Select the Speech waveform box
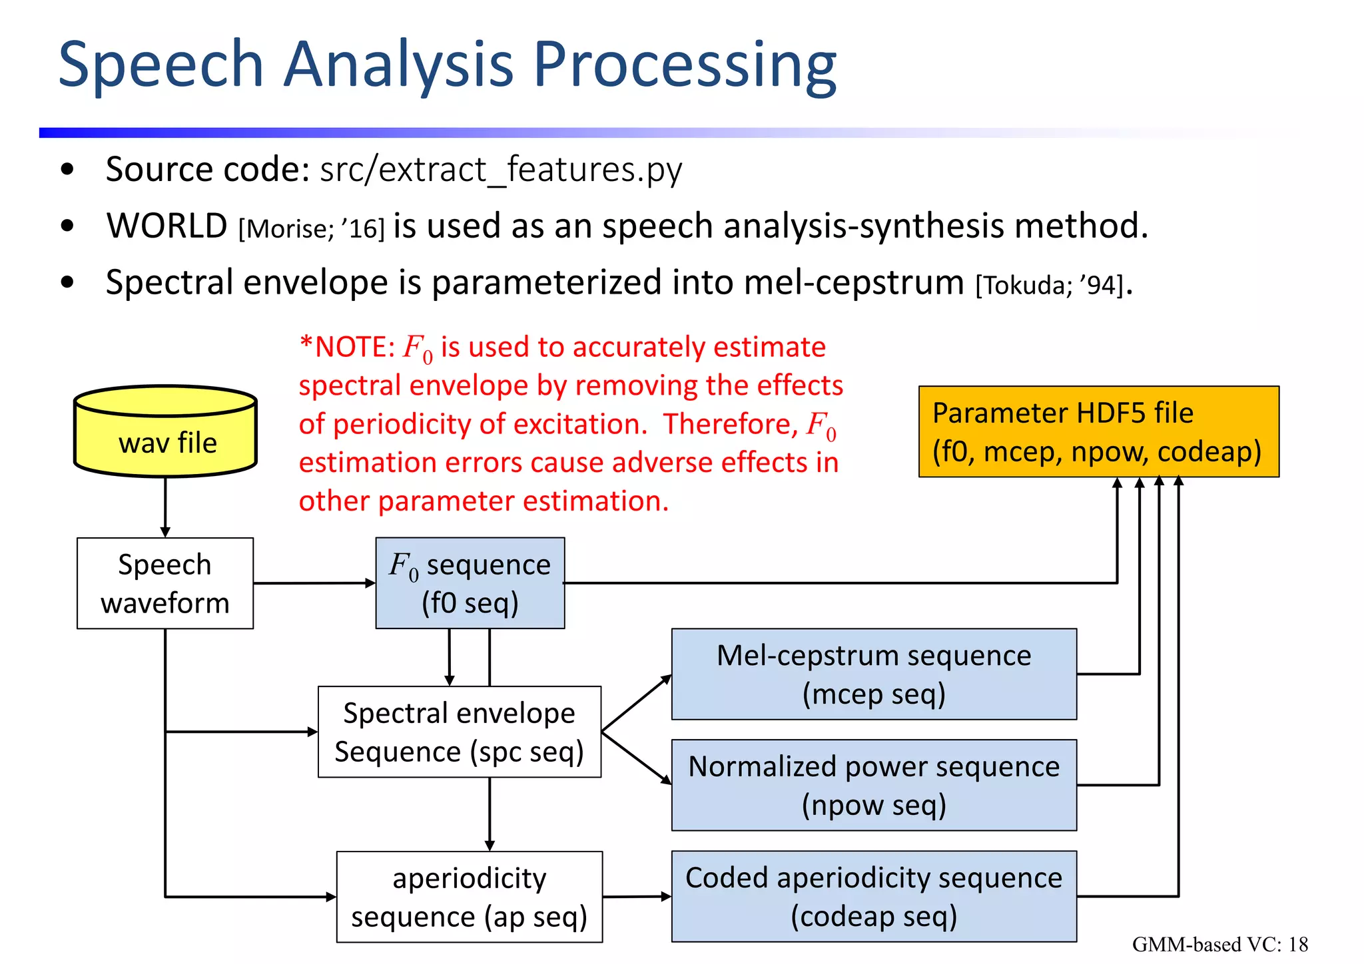point(165,583)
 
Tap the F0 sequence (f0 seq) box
point(470,583)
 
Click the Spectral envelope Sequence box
point(460,732)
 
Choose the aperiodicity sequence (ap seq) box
point(470,897)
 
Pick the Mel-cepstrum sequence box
point(874,674)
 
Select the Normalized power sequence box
point(874,785)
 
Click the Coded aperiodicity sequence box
point(874,896)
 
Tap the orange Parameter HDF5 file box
point(1098,431)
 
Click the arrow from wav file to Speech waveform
point(165,506)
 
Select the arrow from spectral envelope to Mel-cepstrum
point(636,703)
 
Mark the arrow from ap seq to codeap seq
point(637,897)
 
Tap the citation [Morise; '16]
point(312,229)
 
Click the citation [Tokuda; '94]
point(1050,286)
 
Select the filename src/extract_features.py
point(501,170)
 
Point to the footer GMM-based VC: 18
point(1219,944)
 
